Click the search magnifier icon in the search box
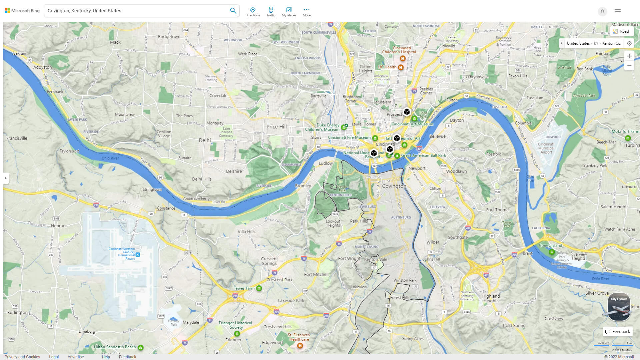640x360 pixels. coord(233,11)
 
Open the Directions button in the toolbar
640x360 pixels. coord(252,12)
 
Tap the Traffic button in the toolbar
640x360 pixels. coord(271,12)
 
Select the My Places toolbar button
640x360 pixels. coord(289,12)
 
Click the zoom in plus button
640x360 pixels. coord(629,56)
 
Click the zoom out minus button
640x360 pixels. coord(629,66)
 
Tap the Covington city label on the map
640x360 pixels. coord(394,186)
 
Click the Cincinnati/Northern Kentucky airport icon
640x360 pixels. coord(138,255)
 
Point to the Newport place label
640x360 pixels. coord(417,168)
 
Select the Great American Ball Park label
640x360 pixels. coord(423,155)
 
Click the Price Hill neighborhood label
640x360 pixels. coord(276,127)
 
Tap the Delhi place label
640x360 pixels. coord(205,140)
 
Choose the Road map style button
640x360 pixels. coord(621,31)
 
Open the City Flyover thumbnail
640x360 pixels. coord(619,307)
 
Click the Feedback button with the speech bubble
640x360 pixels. coord(618,332)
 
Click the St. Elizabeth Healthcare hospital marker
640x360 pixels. coord(300,346)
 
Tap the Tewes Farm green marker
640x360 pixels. coord(259,288)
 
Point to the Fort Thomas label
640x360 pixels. coord(498,210)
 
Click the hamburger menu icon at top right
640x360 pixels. coord(617,11)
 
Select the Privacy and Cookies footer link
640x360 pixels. coord(22,357)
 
